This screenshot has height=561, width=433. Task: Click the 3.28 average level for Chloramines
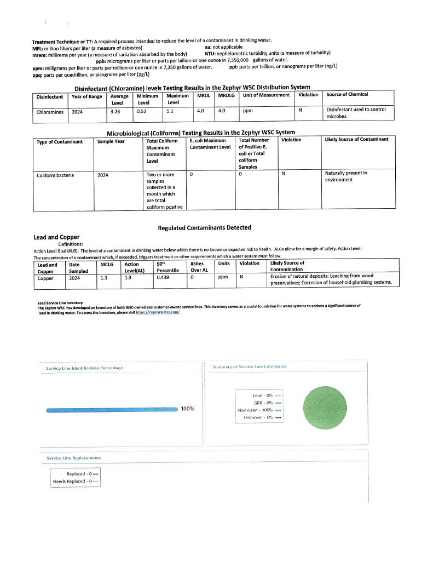[115, 111]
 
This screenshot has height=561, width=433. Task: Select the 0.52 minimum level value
[143, 111]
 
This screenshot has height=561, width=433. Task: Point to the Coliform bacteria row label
[55, 176]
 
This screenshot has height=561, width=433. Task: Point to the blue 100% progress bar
[112, 409]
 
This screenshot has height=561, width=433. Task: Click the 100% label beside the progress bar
[188, 409]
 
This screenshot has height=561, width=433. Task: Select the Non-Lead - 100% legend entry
[259, 410]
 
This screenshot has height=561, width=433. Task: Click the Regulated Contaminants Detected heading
[205, 228]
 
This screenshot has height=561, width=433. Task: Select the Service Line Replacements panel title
[74, 457]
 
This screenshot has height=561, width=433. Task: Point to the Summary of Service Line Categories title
[249, 367]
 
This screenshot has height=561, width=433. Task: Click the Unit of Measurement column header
[266, 95]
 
